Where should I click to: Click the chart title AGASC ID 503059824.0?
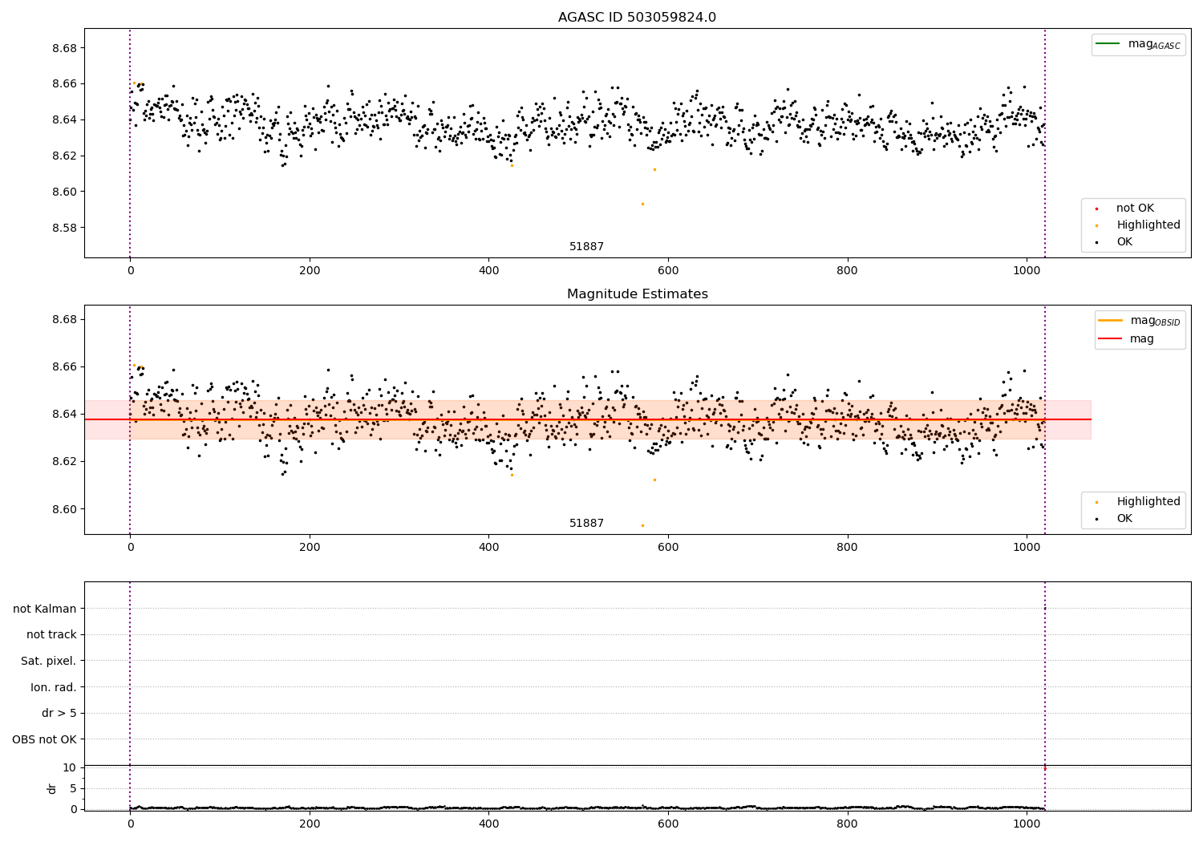[x=637, y=18]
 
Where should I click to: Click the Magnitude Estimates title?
[x=637, y=294]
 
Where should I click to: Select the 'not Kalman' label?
[x=45, y=609]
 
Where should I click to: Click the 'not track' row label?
[x=51, y=635]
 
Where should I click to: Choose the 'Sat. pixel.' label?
[x=48, y=662]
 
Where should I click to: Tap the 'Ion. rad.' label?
[x=53, y=687]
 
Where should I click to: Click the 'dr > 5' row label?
[x=59, y=714]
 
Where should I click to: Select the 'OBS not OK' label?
[x=44, y=739]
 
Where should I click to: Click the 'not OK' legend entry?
[x=1135, y=208]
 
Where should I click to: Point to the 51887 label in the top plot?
[x=586, y=247]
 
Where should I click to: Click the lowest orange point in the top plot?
[x=642, y=204]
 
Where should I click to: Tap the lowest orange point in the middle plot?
[x=642, y=525]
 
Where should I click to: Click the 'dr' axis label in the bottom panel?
[x=52, y=788]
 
